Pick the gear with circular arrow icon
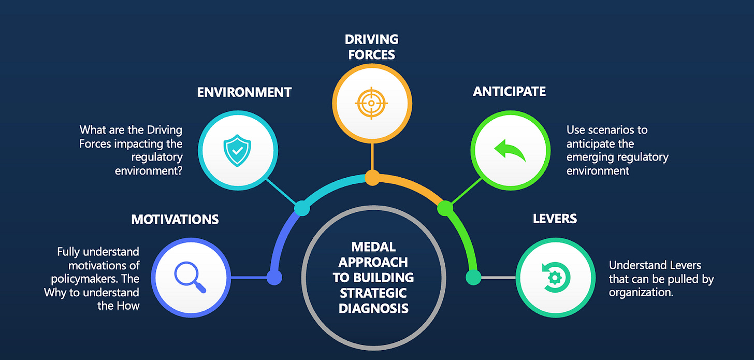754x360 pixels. tap(554, 277)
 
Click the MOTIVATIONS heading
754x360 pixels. tap(175, 219)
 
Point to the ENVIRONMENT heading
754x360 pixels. tap(244, 93)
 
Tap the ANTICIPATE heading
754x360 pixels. tap(509, 92)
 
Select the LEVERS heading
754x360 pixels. tap(555, 219)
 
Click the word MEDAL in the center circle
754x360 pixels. tap(373, 247)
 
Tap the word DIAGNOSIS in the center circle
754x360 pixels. tap(373, 309)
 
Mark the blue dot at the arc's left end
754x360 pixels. tap(274, 277)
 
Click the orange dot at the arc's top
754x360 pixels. tap(372, 178)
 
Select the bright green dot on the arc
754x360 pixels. tap(445, 208)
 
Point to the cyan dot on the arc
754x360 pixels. tap(301, 209)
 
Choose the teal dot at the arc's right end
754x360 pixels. tap(473, 277)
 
